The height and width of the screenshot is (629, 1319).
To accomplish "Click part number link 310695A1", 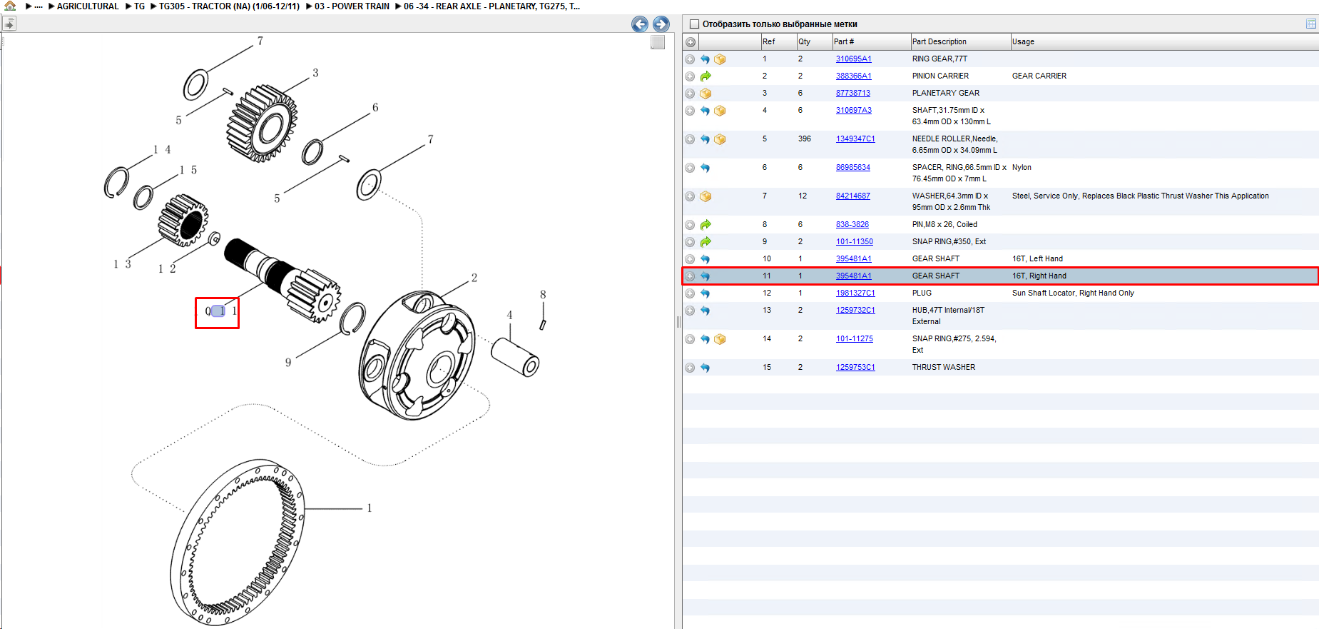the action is coord(853,59).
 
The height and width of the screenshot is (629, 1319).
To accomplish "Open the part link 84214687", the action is coord(852,196).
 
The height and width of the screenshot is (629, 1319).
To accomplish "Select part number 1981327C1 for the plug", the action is coord(855,293).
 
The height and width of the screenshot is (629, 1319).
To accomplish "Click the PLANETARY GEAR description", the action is coord(945,93).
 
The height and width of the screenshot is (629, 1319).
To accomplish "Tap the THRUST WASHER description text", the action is coord(943,367).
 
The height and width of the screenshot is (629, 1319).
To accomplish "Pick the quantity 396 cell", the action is coord(804,139).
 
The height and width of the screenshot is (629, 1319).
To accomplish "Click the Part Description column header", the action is coord(939,41).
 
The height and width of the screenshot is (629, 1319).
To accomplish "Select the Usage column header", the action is coord(1023,41).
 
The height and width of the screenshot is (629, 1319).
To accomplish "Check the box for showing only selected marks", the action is coord(694,24).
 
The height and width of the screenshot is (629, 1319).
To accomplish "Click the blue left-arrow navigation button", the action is coord(640,24).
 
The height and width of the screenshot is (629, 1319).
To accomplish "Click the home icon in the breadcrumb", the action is coord(10,6).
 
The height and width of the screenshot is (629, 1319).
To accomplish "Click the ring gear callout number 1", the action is coord(370,508).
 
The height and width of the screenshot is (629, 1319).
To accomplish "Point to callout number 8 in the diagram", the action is coord(543,295).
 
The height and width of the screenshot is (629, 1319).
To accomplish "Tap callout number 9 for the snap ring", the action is coord(288,363).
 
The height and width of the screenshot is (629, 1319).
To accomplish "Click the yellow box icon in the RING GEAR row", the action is coord(720,59).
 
